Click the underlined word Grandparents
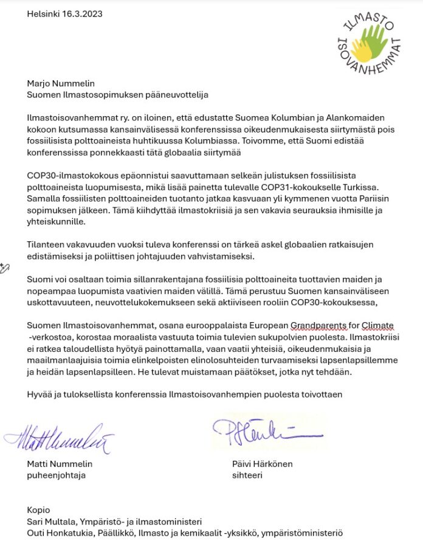click(x=319, y=325)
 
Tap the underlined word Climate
click(x=377, y=325)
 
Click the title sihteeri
click(x=247, y=475)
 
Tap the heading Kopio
click(x=38, y=510)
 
